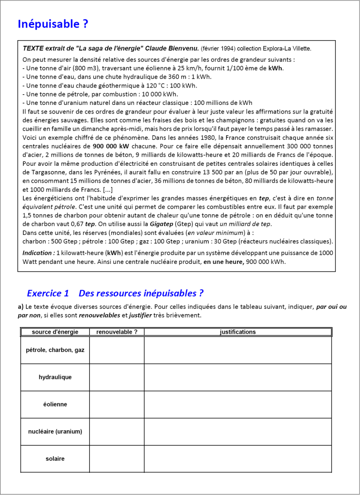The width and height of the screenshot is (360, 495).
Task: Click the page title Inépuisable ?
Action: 53,24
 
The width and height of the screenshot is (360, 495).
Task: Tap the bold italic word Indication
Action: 38,253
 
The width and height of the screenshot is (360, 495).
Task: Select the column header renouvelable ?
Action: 117,332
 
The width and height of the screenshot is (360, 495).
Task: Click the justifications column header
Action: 238,332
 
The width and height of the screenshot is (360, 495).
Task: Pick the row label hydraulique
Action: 55,377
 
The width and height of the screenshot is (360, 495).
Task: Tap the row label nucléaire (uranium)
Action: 55,432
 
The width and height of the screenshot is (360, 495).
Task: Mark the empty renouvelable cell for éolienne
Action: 117,405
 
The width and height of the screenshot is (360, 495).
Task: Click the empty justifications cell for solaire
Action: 238,459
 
